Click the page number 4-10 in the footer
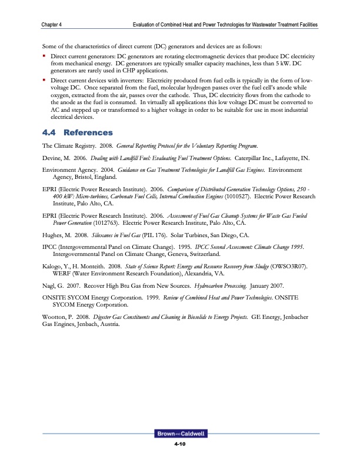180,444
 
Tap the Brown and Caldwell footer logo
180,434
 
